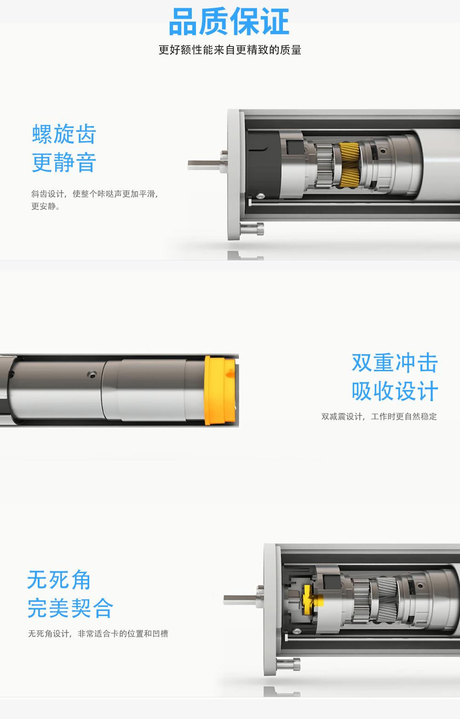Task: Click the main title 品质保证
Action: (229, 22)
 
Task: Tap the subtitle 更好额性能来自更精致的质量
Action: (230, 50)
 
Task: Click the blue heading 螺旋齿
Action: (64, 134)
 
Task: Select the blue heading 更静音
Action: (64, 163)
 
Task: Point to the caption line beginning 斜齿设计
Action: (95, 194)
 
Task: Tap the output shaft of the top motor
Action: (203, 165)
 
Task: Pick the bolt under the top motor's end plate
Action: (253, 228)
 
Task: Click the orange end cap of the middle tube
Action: (220, 390)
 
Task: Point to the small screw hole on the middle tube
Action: (92, 374)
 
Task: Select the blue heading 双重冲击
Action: (395, 363)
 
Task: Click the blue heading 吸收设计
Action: (395, 391)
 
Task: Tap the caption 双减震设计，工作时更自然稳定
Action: (379, 417)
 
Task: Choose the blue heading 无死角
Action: (59, 580)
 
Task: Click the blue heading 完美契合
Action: (70, 608)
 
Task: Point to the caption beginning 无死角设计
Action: (98, 634)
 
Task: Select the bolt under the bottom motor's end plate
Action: (289, 664)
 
